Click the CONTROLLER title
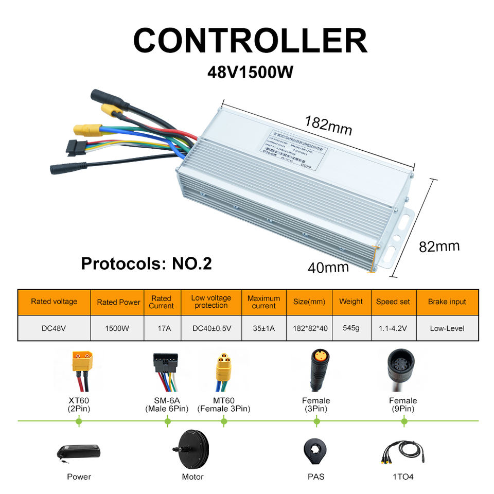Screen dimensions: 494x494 [251, 40]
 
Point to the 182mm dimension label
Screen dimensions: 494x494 [328, 125]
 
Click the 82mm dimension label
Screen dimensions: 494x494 [439, 246]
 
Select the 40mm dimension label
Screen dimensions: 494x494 [328, 267]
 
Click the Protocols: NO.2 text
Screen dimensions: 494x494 [146, 263]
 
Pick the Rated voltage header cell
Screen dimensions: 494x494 [54, 302]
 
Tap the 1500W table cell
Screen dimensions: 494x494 [118, 328]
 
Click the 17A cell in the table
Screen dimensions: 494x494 [161, 328]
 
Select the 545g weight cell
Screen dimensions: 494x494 [350, 328]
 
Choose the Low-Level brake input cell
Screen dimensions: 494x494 [447, 328]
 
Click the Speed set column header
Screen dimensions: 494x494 [393, 302]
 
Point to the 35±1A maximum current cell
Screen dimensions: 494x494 [263, 328]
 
